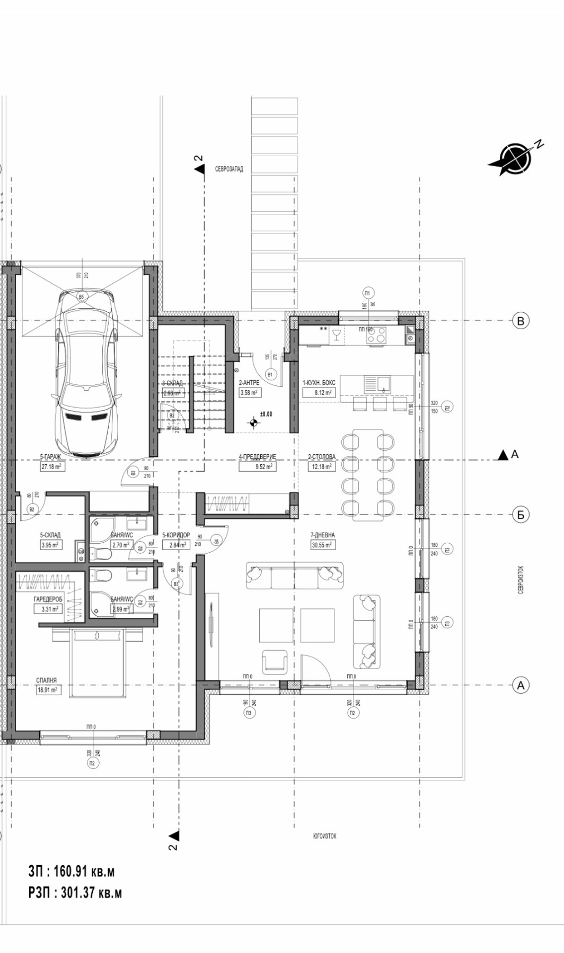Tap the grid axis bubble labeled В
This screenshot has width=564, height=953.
tap(521, 320)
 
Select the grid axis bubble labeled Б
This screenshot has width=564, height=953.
tap(521, 514)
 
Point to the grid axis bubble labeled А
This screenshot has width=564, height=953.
tap(521, 685)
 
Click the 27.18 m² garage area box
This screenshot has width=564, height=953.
tap(51, 467)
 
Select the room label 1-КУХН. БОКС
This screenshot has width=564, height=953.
tap(319, 383)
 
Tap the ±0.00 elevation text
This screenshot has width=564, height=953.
tap(266, 414)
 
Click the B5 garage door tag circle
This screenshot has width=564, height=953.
tap(81, 297)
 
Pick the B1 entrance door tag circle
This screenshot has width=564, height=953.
tap(270, 374)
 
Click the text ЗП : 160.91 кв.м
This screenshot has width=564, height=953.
tap(71, 871)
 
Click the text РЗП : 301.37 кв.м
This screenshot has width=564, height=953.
tap(75, 893)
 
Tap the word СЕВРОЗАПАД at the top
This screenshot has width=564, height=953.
tap(229, 169)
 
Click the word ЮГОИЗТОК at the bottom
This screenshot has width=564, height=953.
tap(324, 836)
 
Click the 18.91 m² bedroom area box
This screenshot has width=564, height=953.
tap(47, 690)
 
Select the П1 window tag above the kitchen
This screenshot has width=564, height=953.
tap(368, 293)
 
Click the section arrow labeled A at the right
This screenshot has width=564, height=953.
tap(503, 455)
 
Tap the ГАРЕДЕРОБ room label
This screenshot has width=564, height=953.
tap(48, 599)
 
